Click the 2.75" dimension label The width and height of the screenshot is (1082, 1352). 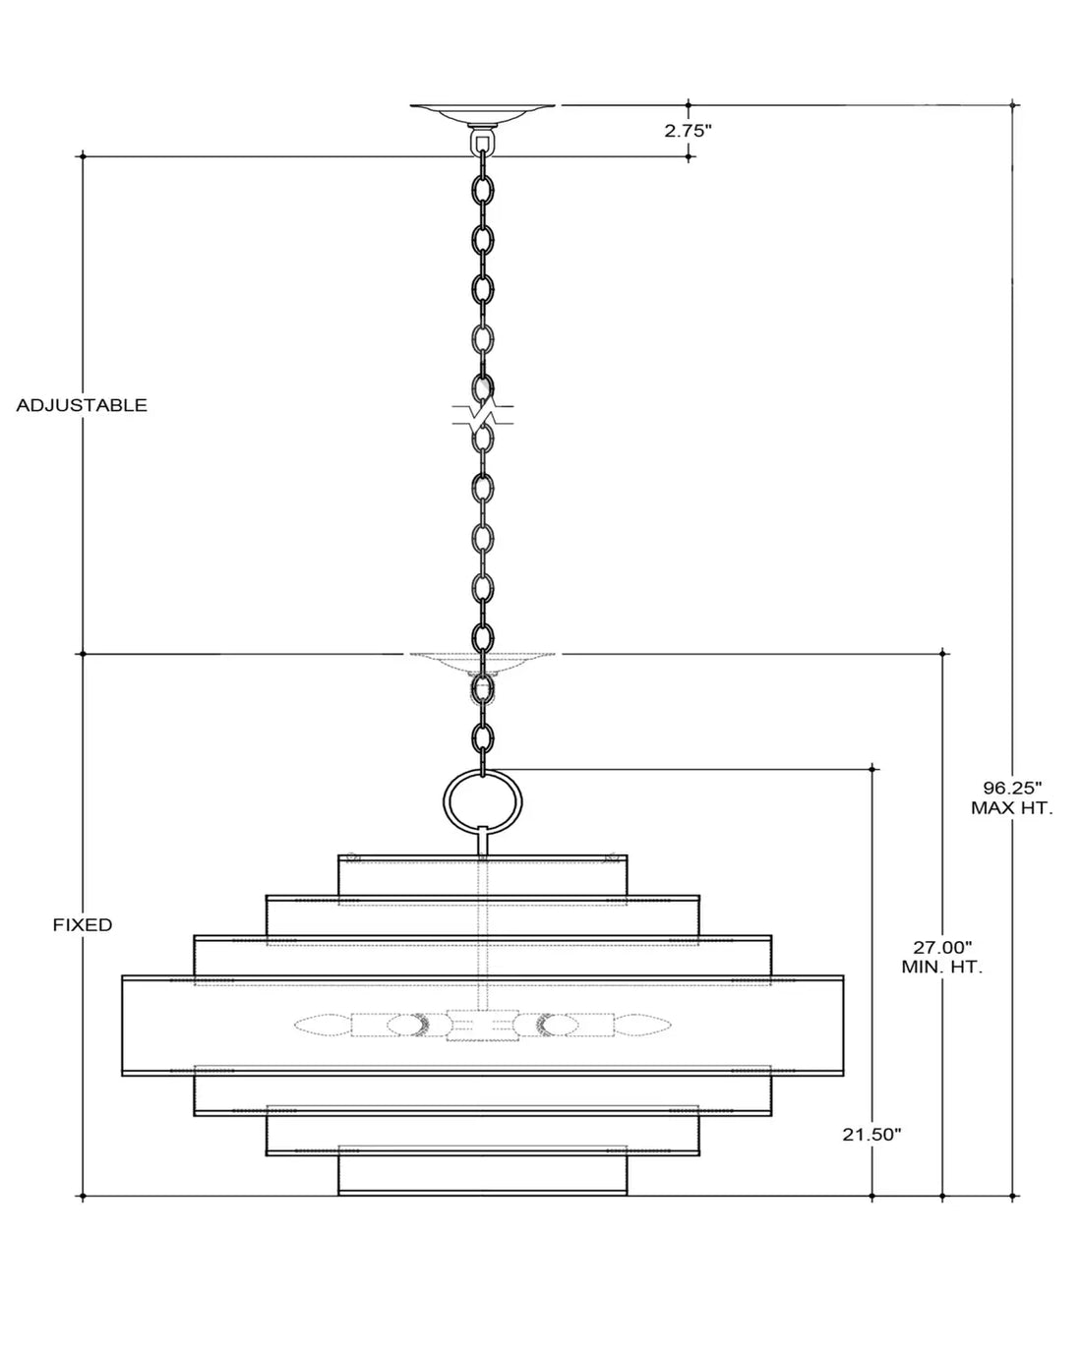688,131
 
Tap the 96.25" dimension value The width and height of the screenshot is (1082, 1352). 1011,788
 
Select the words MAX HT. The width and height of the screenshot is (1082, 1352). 1011,808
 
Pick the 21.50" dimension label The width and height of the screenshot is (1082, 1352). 872,1135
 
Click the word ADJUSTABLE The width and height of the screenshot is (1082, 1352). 82,405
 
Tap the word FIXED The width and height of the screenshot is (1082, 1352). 83,925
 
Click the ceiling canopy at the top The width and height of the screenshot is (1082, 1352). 482,114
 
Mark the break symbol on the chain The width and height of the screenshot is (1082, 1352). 482,413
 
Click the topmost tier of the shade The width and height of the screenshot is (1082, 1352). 482,876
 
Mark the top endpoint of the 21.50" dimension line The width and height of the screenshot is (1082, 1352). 872,768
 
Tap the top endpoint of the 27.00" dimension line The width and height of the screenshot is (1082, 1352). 942,654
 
